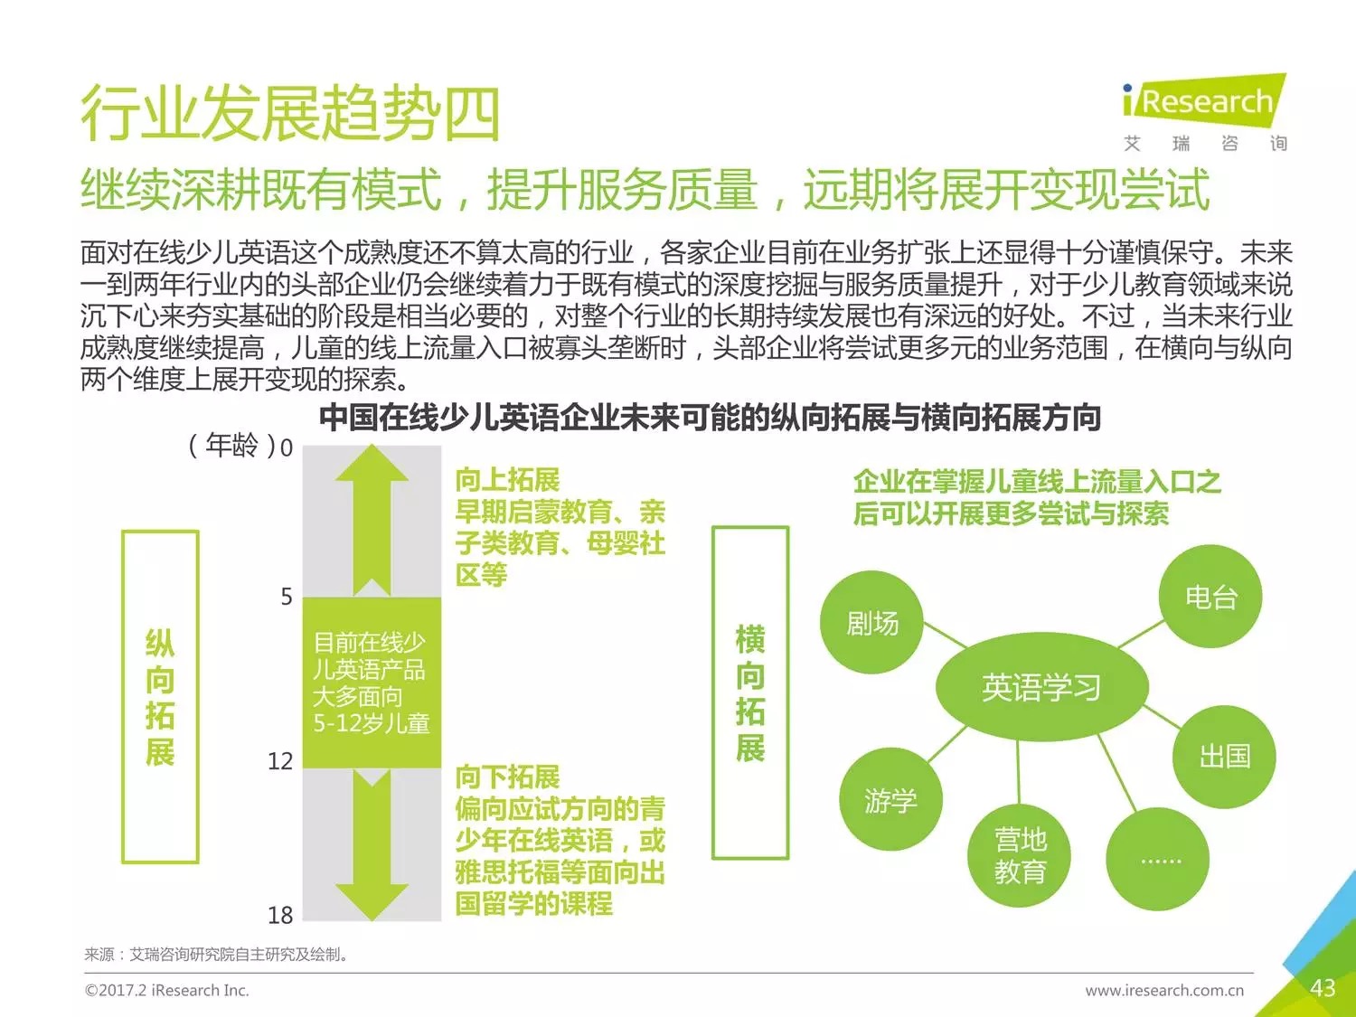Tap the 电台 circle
(x=1210, y=597)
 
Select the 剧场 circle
(x=871, y=623)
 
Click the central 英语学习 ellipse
(x=1041, y=687)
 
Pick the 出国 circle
(x=1224, y=756)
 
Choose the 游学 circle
(x=890, y=800)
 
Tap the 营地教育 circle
(x=1021, y=855)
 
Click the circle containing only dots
(x=1159, y=859)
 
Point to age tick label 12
(x=280, y=761)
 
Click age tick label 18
(x=280, y=916)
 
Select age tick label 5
(x=287, y=597)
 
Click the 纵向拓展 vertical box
(x=160, y=697)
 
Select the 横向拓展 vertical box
(x=750, y=692)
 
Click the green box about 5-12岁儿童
(x=372, y=683)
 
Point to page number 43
(x=1323, y=988)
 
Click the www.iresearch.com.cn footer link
(x=1164, y=991)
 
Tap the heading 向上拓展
(x=507, y=479)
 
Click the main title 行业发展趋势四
(x=290, y=115)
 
